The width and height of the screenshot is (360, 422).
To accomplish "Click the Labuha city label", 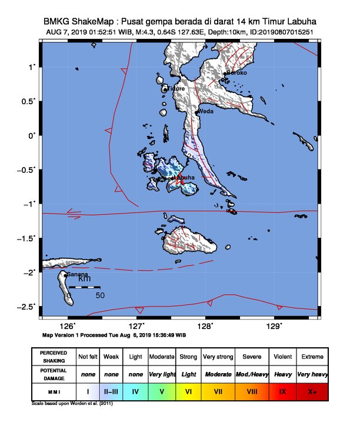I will (184, 178).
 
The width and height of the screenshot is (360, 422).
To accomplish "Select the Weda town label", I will (205, 111).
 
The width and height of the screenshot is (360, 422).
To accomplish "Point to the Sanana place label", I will (77, 275).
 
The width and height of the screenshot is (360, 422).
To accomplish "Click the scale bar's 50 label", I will (100, 295).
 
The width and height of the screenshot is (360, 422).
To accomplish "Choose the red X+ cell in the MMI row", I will (312, 391).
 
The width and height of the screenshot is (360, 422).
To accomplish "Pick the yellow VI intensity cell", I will (188, 391).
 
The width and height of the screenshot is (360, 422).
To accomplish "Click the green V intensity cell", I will (162, 391).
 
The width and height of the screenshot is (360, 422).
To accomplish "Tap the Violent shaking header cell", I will (282, 357).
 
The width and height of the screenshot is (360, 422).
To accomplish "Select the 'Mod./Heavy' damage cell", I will (252, 374).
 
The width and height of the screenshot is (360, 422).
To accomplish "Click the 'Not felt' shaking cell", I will (88, 357).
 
